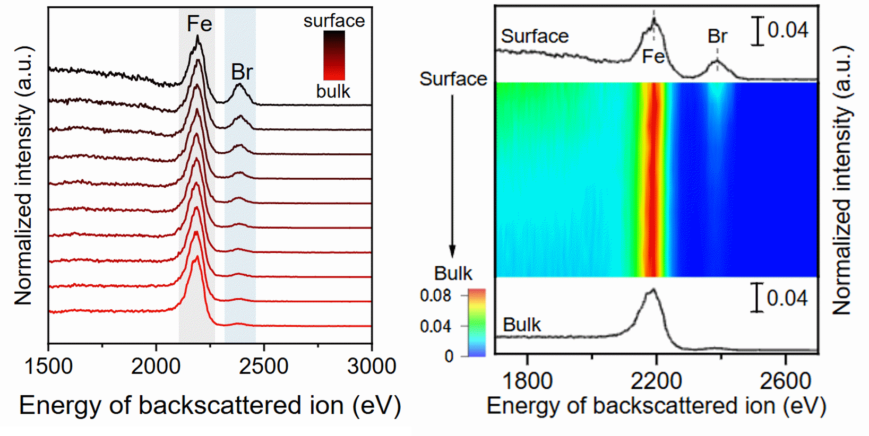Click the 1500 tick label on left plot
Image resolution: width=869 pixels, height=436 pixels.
48,367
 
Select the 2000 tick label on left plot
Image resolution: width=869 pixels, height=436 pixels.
156,367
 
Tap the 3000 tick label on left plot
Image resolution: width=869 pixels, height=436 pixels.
372,367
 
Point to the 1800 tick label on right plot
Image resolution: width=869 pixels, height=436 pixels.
527,381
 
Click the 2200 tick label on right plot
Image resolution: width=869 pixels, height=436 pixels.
656,381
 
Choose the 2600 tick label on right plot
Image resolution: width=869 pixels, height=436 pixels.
786,381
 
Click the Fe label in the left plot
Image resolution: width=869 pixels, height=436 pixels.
200,24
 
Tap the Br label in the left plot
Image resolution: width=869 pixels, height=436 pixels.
242,72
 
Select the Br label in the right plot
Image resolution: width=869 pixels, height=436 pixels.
717,36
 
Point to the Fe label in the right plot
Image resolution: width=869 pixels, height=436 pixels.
653,56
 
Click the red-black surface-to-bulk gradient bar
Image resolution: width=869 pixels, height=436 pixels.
334,55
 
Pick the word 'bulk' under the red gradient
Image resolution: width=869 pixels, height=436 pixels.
333,91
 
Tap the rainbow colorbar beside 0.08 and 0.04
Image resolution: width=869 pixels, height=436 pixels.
477,322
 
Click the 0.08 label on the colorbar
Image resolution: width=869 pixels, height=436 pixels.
435,295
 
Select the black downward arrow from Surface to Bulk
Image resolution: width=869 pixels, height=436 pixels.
452,175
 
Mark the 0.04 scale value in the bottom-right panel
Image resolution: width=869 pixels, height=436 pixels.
787,298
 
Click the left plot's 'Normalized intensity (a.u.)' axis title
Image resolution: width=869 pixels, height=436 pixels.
23,175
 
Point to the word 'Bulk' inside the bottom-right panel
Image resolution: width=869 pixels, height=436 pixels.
522,325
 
